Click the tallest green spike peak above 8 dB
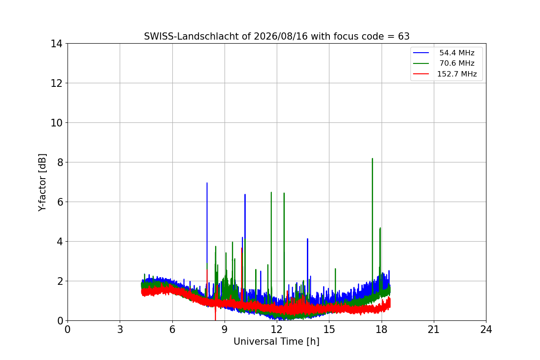pyautogui.click(x=373, y=159)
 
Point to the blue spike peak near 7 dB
pyautogui.click(x=207, y=183)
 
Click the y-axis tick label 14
pyautogui.click(x=56, y=44)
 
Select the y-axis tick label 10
pyautogui.click(x=56, y=123)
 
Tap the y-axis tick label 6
pyautogui.click(x=60, y=202)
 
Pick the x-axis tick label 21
pyautogui.click(x=434, y=329)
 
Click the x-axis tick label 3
pyautogui.click(x=120, y=329)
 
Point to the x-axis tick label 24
pyautogui.click(x=486, y=329)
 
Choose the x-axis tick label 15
pyautogui.click(x=329, y=329)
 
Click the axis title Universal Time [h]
pyautogui.click(x=276, y=342)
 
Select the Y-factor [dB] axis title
pyautogui.click(x=42, y=183)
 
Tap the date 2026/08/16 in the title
pyautogui.click(x=281, y=36)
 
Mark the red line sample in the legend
pyautogui.click(x=421, y=74)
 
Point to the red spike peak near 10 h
pyautogui.click(x=242, y=248)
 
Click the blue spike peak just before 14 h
pyautogui.click(x=307, y=239)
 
